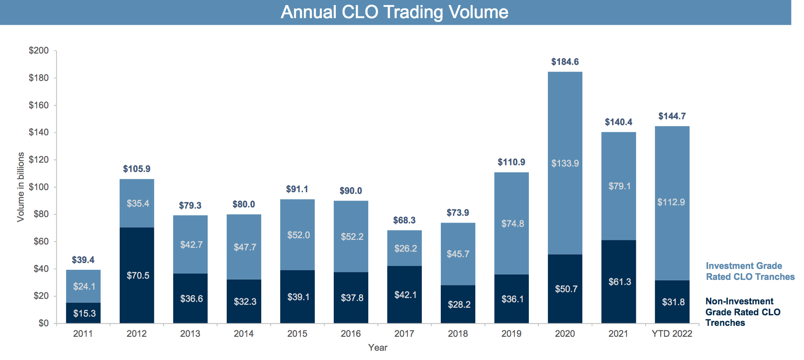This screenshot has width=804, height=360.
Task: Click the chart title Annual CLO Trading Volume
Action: coord(394,12)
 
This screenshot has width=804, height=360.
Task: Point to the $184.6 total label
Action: coord(565,62)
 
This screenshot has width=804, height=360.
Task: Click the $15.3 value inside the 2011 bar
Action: coord(84,313)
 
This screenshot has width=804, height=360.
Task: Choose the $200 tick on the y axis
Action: coord(39,51)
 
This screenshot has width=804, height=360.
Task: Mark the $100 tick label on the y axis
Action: coord(39,187)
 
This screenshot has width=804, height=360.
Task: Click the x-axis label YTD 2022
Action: coord(672,333)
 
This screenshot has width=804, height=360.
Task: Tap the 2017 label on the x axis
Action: coord(404,333)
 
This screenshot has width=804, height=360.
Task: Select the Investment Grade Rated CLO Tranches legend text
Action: coord(750,271)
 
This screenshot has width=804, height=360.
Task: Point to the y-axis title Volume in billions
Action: coord(21,187)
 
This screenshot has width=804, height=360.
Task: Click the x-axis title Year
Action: coord(377,347)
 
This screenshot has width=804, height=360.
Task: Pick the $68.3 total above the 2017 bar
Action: coord(404,220)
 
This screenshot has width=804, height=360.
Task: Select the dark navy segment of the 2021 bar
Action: coord(618,295)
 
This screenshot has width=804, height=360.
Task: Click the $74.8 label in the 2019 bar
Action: coord(512,223)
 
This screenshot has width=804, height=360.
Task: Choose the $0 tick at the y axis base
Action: coord(43,323)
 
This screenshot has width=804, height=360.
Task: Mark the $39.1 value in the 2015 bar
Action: coord(298,297)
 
